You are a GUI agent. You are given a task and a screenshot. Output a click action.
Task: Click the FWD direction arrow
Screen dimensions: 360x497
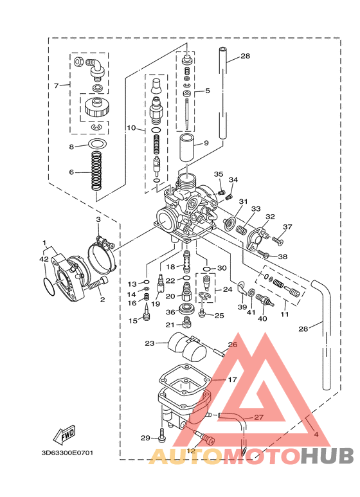[64, 434]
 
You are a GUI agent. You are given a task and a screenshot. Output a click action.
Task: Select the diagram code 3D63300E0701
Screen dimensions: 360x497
[67, 453]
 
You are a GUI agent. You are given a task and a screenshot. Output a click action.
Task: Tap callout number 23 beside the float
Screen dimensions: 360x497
[150, 343]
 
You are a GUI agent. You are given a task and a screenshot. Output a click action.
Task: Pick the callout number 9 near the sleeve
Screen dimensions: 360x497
[206, 143]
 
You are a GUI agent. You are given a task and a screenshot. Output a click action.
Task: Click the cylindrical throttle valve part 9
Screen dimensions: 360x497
[187, 149]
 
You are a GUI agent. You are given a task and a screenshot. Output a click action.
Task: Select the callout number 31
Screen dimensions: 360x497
[244, 201]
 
